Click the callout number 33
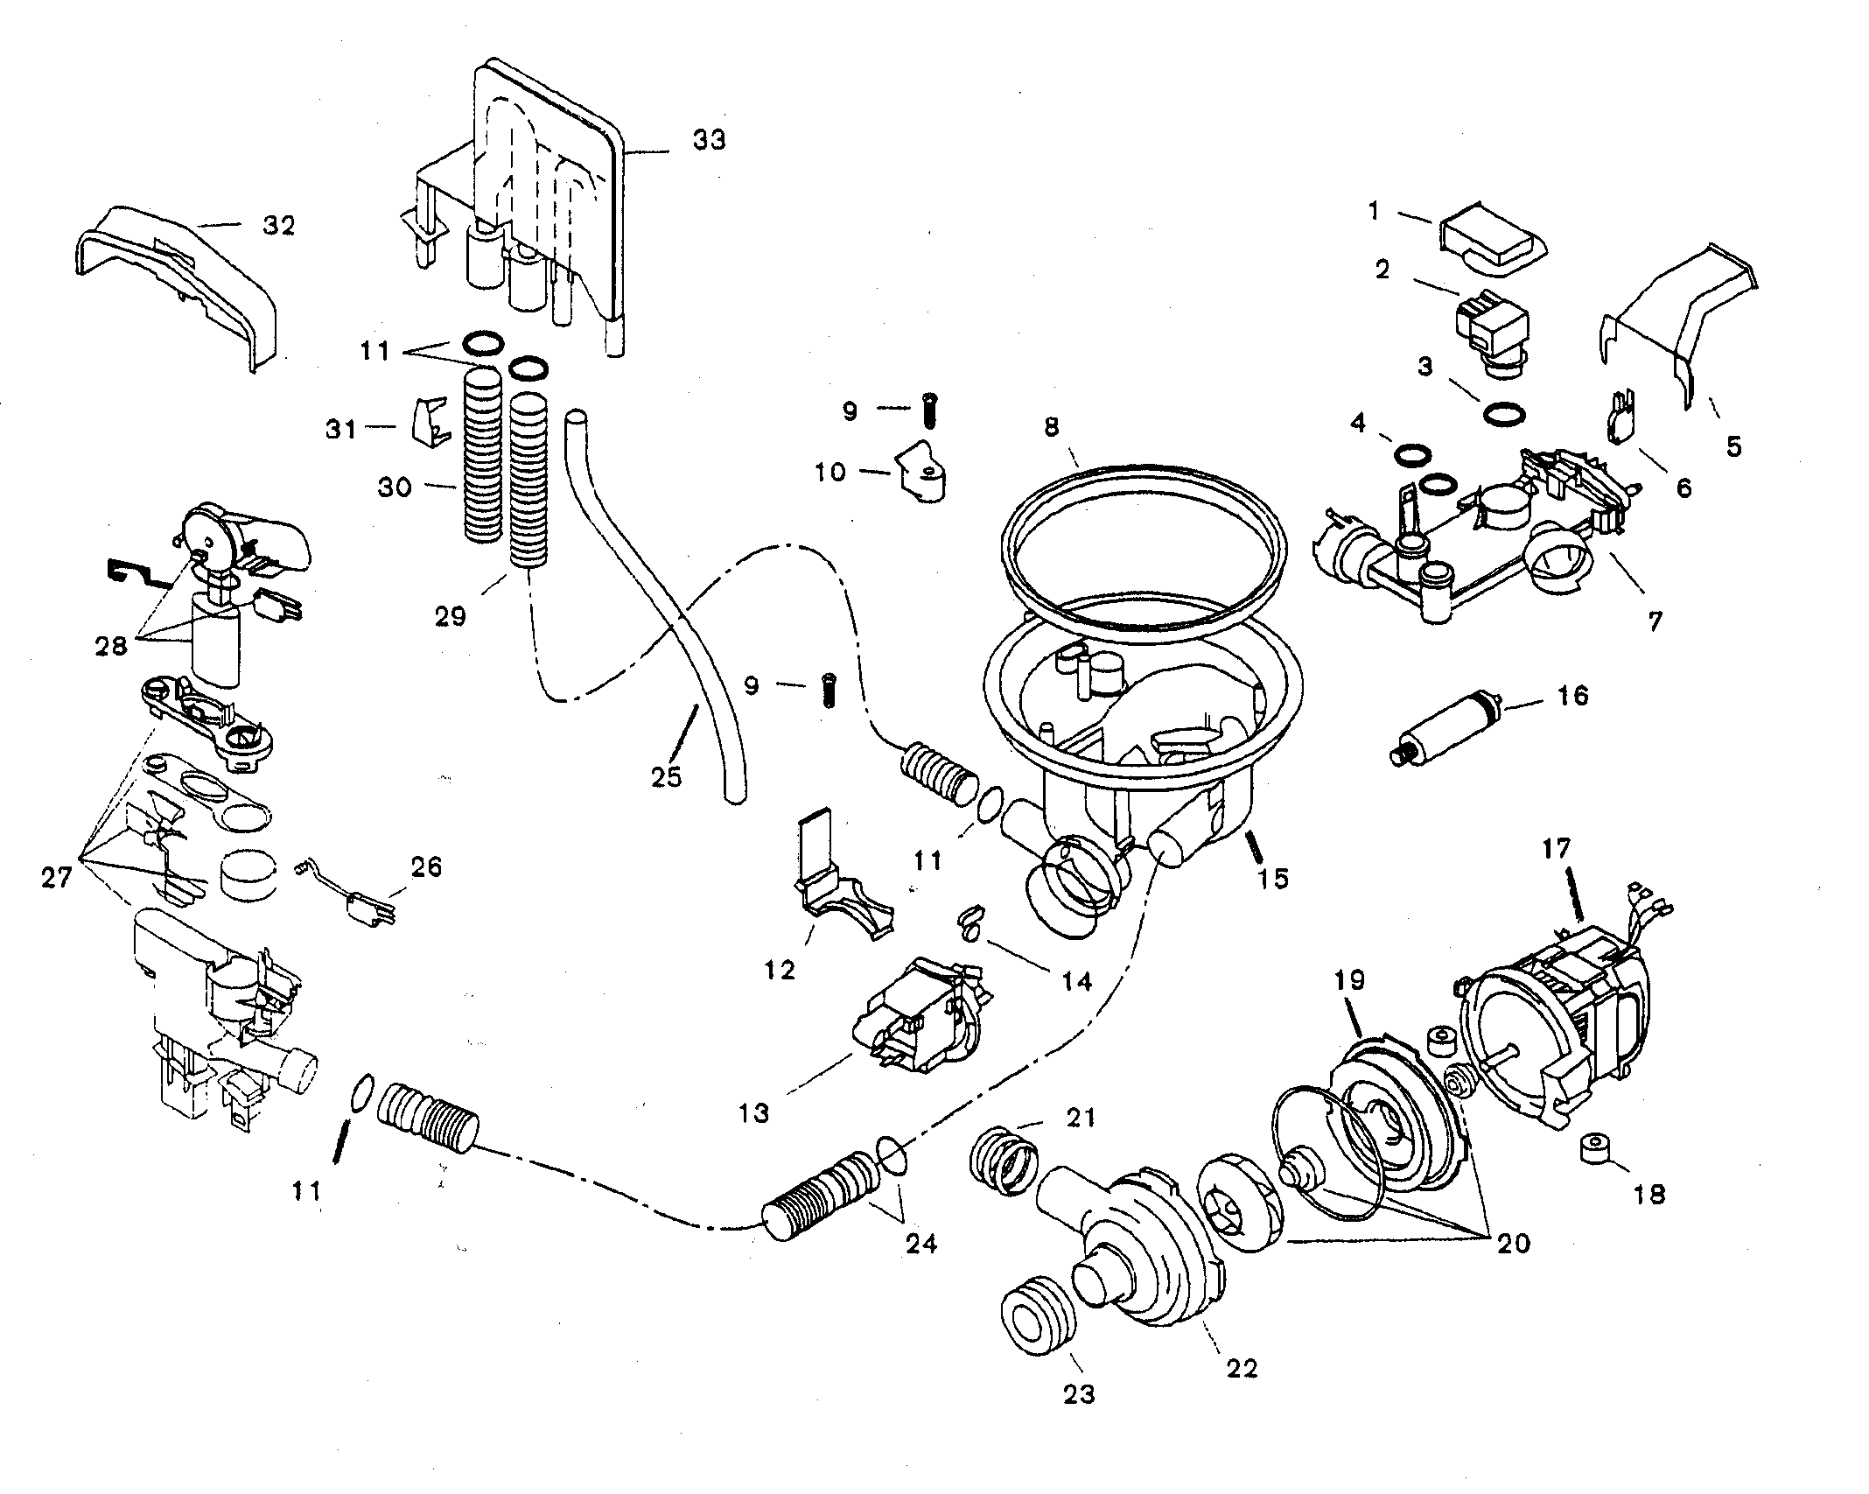click(709, 140)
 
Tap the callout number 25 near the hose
click(667, 775)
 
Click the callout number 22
click(1242, 1369)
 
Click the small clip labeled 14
click(969, 922)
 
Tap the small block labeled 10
click(920, 473)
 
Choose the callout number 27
click(57, 877)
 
